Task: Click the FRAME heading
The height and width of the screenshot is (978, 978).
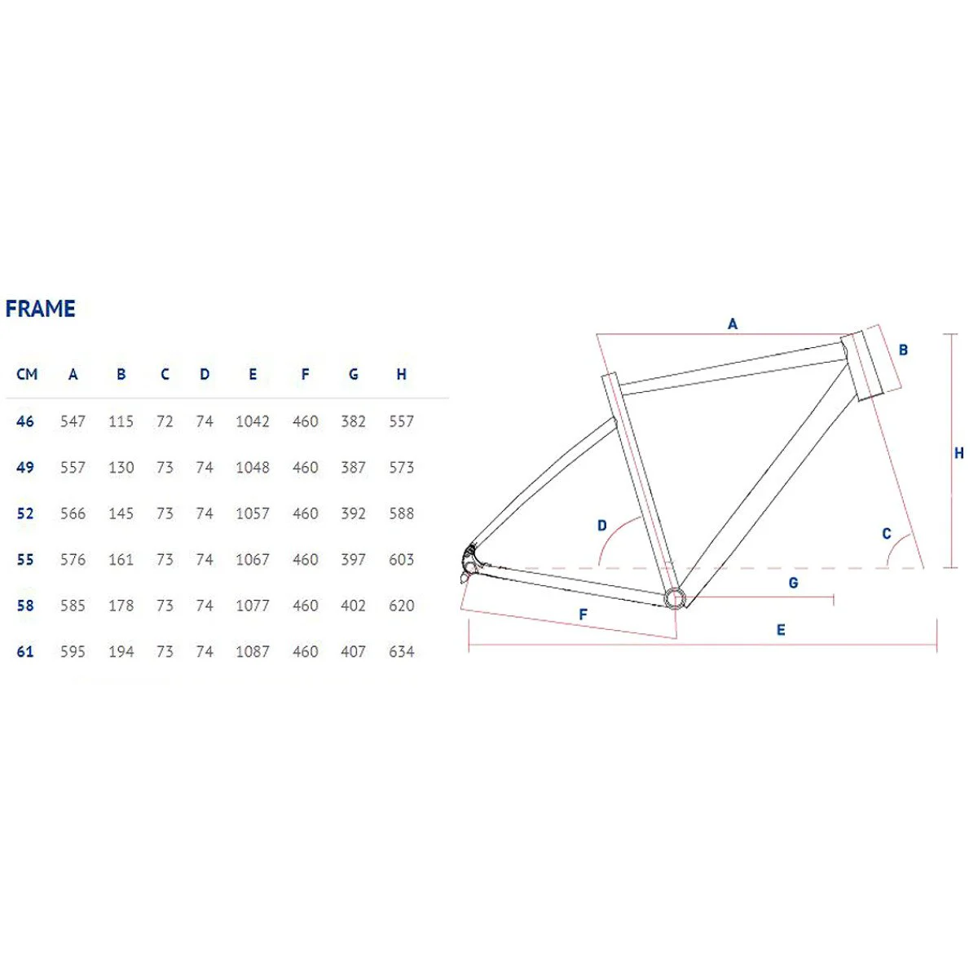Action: click(x=41, y=309)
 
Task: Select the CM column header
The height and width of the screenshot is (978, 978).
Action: click(x=27, y=374)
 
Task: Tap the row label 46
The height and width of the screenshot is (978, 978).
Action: click(x=25, y=421)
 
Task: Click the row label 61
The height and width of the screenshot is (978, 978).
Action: click(x=25, y=652)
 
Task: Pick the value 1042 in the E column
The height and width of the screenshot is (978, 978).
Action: click(x=253, y=421)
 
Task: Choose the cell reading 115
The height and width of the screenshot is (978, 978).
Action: click(x=121, y=421)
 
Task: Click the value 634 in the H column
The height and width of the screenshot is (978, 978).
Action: click(x=401, y=652)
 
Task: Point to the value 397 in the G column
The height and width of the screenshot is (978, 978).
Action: click(x=353, y=560)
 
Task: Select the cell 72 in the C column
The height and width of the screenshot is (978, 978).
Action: click(x=165, y=421)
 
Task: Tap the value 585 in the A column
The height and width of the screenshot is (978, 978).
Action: click(x=73, y=606)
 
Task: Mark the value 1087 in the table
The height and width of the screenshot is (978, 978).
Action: click(x=253, y=652)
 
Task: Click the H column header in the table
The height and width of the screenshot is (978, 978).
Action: click(x=401, y=374)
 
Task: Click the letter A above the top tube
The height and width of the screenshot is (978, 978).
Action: click(x=733, y=324)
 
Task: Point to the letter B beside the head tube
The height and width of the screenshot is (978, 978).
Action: click(x=903, y=350)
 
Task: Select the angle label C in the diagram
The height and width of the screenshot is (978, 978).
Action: click(x=887, y=535)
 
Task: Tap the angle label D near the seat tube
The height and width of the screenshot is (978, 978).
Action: click(x=602, y=526)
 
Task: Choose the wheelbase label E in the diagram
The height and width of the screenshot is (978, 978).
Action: click(x=781, y=630)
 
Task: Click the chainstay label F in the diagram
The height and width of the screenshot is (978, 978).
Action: click(x=583, y=615)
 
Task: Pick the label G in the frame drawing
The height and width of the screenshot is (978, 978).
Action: click(x=793, y=583)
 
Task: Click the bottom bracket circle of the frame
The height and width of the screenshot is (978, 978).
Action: click(x=674, y=598)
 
